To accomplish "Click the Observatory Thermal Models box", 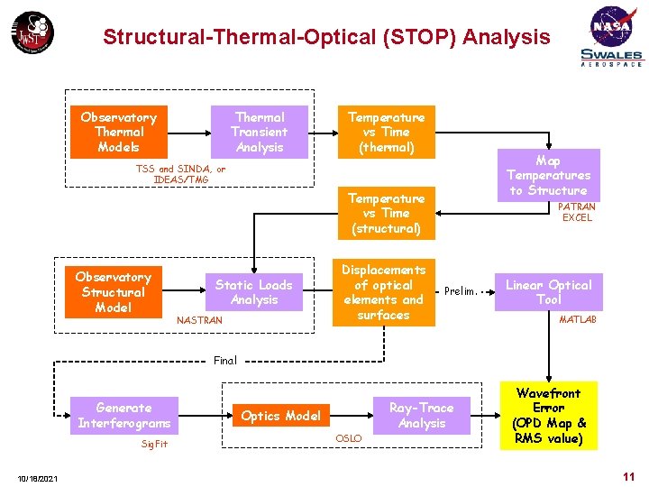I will click(118, 132).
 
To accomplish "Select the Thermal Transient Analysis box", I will click(260, 132).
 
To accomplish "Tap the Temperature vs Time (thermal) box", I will click(386, 132).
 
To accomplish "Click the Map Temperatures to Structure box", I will click(548, 175).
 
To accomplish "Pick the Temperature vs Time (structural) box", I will click(386, 213).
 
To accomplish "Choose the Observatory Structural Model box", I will click(113, 292).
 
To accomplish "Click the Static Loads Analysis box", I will click(254, 291).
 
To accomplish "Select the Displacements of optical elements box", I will click(384, 292).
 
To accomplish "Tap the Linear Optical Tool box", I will click(548, 291).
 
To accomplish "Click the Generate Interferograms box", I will click(123, 416).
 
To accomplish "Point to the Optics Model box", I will click(281, 416).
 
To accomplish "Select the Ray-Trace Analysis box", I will click(421, 416).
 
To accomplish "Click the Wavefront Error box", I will click(548, 416).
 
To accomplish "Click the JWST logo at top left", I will click(32, 33).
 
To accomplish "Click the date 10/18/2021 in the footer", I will click(37, 478).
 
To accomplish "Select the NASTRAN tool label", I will click(199, 320).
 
